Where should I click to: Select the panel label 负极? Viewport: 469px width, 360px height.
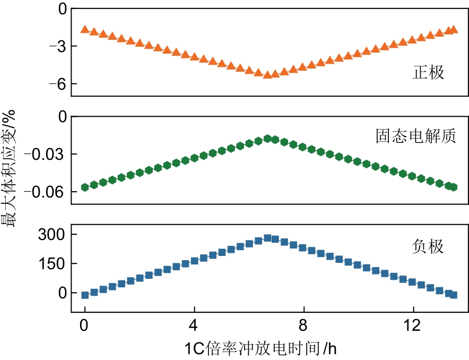(428, 246)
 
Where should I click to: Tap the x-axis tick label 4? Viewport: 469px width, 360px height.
(194, 324)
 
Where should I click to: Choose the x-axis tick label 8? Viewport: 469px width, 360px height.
(303, 324)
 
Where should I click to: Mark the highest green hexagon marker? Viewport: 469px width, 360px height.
(267, 139)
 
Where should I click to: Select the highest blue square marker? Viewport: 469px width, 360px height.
(267, 238)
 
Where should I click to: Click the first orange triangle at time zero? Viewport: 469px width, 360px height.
(85, 29)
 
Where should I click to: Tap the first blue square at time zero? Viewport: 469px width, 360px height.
(85, 295)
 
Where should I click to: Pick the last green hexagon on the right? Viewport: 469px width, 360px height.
(453, 187)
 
